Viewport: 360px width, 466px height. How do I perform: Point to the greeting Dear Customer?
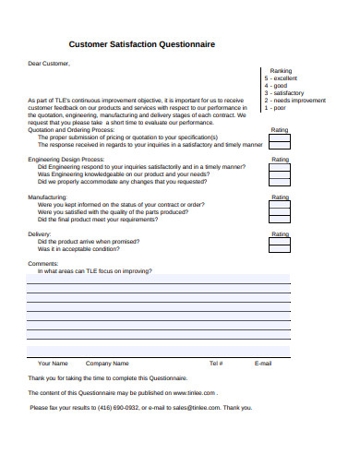(49, 64)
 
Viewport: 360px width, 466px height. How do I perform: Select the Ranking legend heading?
(281, 71)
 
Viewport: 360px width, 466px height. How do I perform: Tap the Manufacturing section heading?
(47, 197)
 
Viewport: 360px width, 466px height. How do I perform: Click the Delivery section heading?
(41, 234)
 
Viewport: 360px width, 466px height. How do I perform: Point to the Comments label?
(43, 264)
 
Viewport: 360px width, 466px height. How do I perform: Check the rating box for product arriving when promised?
(280, 243)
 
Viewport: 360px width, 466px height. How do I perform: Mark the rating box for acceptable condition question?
(280, 250)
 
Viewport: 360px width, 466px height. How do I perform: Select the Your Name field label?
(53, 364)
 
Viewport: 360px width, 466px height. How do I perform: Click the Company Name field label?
(107, 364)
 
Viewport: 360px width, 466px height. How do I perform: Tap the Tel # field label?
(216, 364)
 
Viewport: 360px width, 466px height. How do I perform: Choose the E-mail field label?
(263, 364)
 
